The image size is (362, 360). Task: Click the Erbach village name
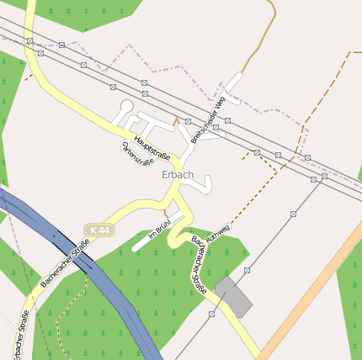(178, 175)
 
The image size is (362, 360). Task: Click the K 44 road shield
(98, 230)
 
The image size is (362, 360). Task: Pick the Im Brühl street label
(159, 231)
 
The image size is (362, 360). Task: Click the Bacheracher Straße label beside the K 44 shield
(65, 263)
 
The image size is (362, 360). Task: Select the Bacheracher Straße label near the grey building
(199, 267)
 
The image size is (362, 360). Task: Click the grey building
(233, 297)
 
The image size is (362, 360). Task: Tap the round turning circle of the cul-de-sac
(127, 106)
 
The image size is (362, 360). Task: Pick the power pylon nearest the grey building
(247, 270)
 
